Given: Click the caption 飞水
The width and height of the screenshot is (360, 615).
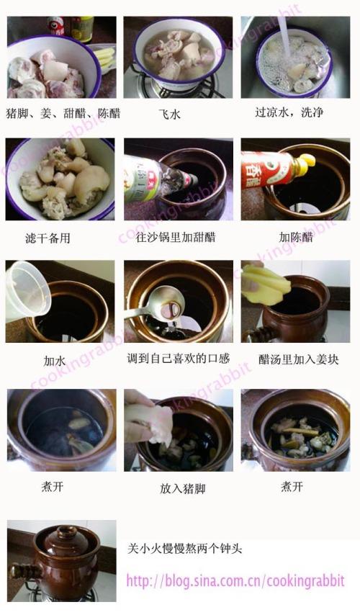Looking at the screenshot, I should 170,114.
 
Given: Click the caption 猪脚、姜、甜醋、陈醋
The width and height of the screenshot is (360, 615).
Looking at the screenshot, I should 63,114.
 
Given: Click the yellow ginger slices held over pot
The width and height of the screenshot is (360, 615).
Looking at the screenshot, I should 266,284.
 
